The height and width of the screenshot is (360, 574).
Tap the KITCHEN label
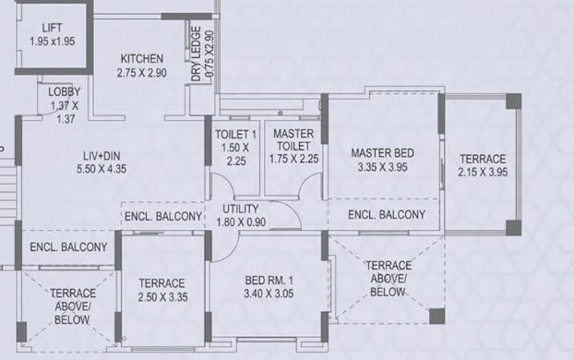pos(141,58)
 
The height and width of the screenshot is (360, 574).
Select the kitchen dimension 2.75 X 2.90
pos(141,72)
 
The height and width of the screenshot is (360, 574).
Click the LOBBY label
pos(65,91)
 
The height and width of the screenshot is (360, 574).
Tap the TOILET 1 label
pos(234,134)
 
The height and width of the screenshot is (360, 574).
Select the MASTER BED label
pos(382,153)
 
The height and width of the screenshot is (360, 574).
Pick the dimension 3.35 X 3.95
pos(382,167)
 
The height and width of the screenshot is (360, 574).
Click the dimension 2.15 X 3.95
pos(482,172)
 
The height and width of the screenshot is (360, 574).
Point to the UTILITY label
pos(240,209)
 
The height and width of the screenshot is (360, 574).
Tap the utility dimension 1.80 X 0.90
pos(240,222)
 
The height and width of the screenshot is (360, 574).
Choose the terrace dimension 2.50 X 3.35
pos(162,296)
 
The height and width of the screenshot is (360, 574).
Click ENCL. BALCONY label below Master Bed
pos(387,215)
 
